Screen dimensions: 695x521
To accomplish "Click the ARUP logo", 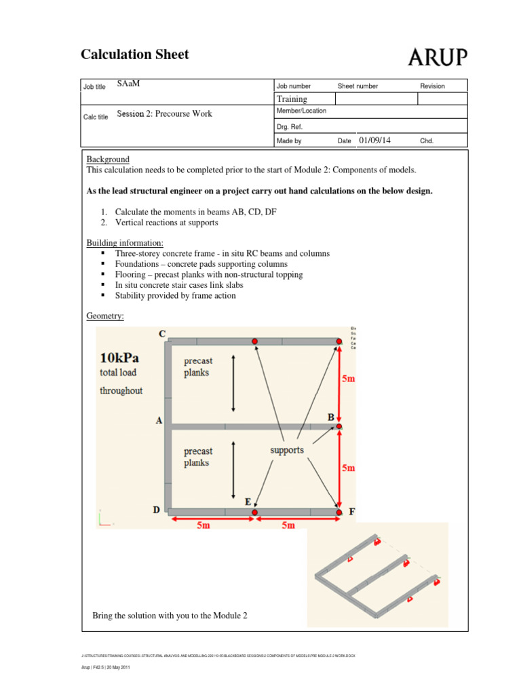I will (438, 58).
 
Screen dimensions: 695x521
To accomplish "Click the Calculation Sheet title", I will (135, 54).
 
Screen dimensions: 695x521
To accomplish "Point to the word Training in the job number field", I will (292, 99).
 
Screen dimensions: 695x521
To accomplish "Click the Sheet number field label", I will (358, 86).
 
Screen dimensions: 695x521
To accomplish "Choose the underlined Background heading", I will (108, 159).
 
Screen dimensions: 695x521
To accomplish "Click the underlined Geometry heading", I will (105, 316).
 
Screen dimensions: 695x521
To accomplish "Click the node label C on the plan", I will (161, 334).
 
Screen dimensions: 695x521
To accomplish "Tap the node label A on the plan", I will (159, 421).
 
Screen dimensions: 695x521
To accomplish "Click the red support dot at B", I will (339, 426).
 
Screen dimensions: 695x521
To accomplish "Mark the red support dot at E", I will (254, 512).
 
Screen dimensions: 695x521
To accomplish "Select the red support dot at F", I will (339, 512).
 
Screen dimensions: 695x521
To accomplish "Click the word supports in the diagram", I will (287, 450).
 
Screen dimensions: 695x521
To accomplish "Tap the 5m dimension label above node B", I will (348, 379).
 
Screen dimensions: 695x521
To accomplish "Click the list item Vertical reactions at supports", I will (166, 223).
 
